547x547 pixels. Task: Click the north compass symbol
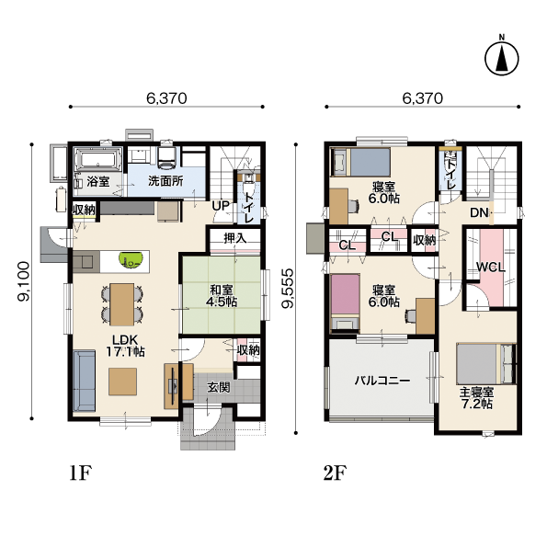[x=502, y=58]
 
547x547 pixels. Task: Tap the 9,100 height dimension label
[x=25, y=281]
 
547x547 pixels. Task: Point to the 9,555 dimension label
[x=289, y=288]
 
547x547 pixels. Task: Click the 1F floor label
[x=81, y=473]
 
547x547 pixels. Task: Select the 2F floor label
[x=335, y=473]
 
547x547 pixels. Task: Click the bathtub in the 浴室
[x=98, y=160]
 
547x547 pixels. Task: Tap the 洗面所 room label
[x=165, y=181]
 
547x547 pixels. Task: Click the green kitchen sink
[x=131, y=259]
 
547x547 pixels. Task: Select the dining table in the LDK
[x=121, y=304]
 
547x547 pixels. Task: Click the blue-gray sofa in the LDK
[x=84, y=381]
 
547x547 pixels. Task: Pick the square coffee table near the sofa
[x=122, y=382]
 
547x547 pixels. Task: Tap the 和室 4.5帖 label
[x=222, y=295]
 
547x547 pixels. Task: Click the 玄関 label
[x=219, y=387]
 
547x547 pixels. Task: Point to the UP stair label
[x=221, y=206]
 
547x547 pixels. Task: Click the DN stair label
[x=479, y=212]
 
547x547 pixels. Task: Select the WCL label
[x=491, y=268]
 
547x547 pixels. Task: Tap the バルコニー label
[x=382, y=381]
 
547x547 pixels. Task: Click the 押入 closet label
[x=235, y=239]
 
